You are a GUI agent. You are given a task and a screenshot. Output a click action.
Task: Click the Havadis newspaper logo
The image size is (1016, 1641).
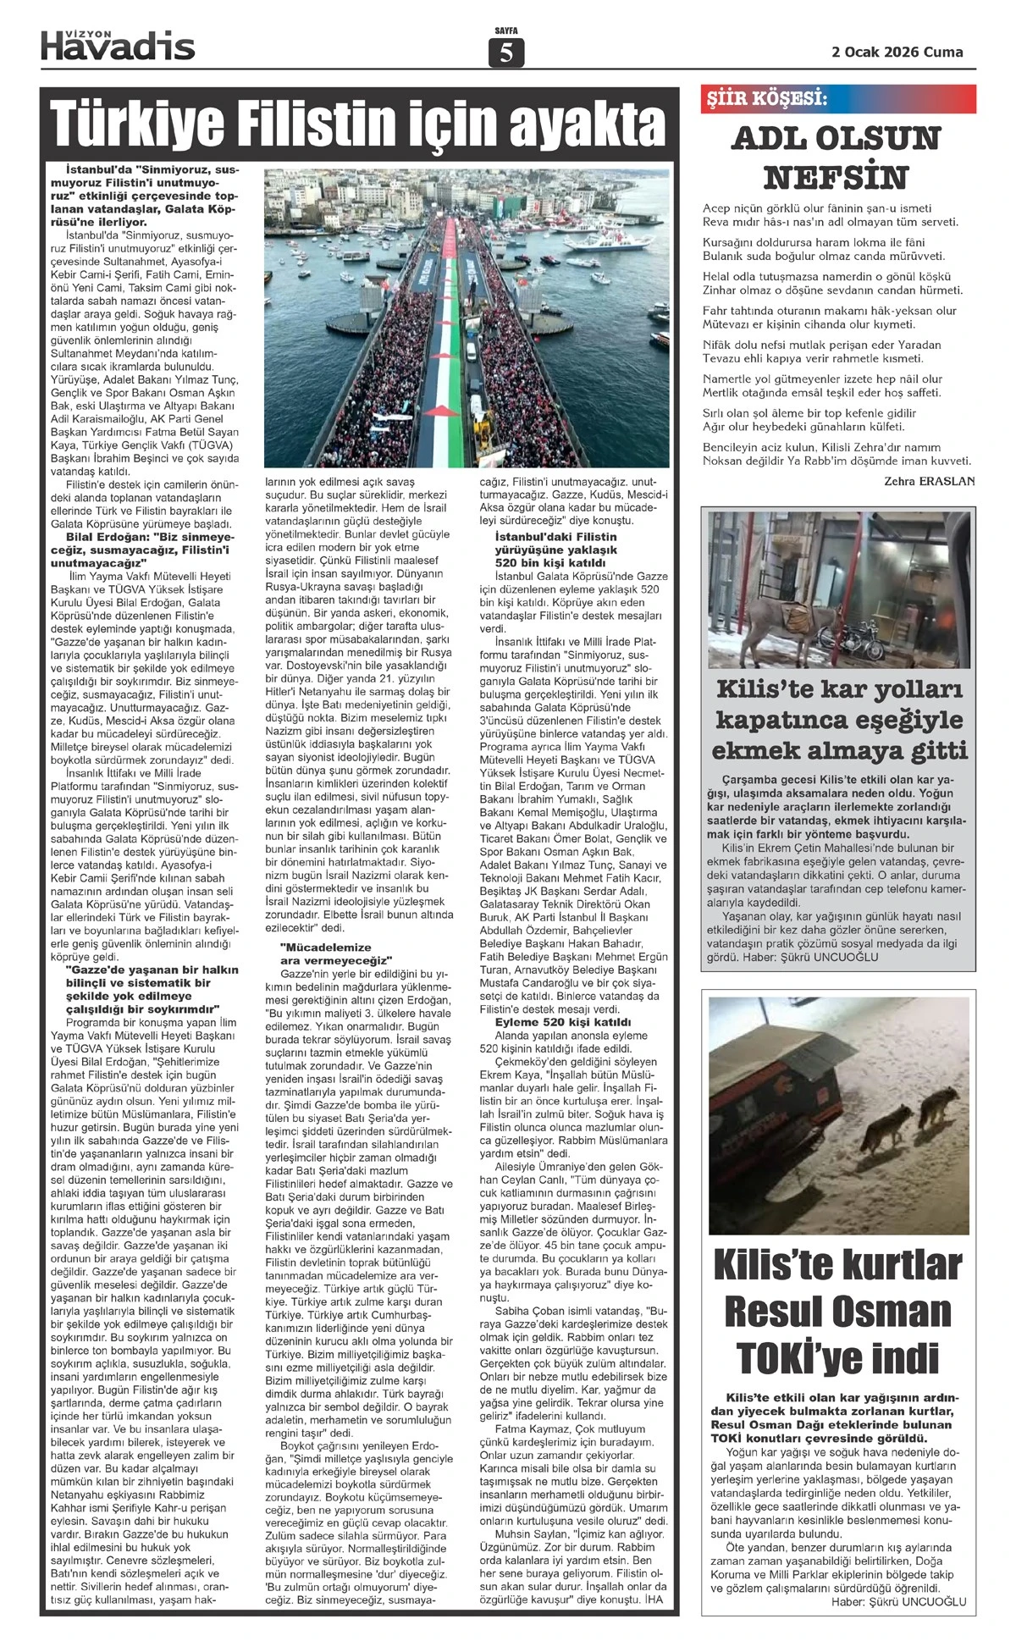coord(118,44)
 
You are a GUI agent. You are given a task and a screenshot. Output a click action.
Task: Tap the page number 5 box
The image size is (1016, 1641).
coord(506,53)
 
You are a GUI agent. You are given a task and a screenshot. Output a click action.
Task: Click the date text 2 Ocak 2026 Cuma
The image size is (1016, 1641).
coord(897,52)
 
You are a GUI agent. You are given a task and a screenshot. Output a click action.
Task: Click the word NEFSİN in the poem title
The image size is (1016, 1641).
coord(836,178)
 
